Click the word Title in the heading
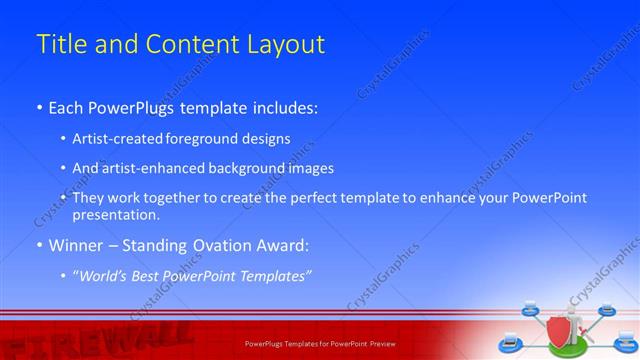61,45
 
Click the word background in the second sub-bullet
262,168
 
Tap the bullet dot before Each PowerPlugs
39,105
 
